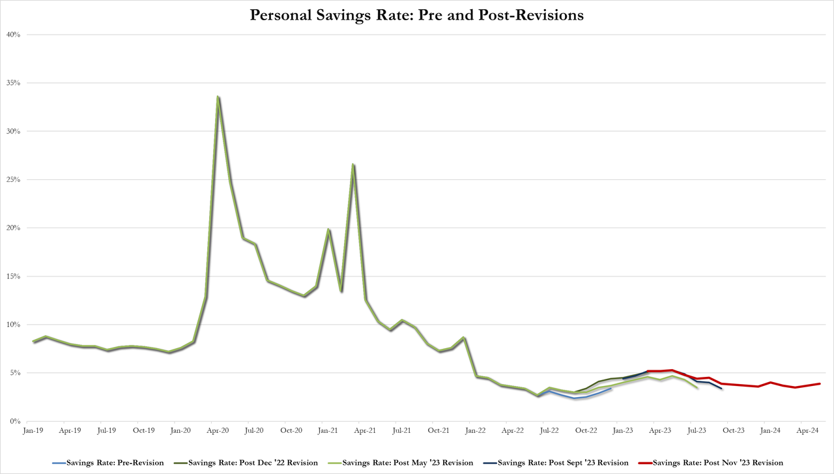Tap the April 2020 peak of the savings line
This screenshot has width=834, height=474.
[218, 97]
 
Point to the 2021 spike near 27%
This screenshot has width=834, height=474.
[353, 164]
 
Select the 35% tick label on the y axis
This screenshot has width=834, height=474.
[14, 83]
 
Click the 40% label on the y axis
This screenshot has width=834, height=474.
[14, 35]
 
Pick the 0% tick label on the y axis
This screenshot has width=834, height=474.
[16, 421]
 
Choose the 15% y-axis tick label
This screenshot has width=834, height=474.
[14, 276]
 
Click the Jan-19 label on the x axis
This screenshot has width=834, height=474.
[33, 431]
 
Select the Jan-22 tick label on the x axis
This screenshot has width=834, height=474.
[476, 431]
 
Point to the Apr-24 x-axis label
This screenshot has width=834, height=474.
[808, 431]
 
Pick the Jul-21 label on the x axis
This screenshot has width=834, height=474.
[402, 431]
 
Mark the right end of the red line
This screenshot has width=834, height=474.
[820, 384]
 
